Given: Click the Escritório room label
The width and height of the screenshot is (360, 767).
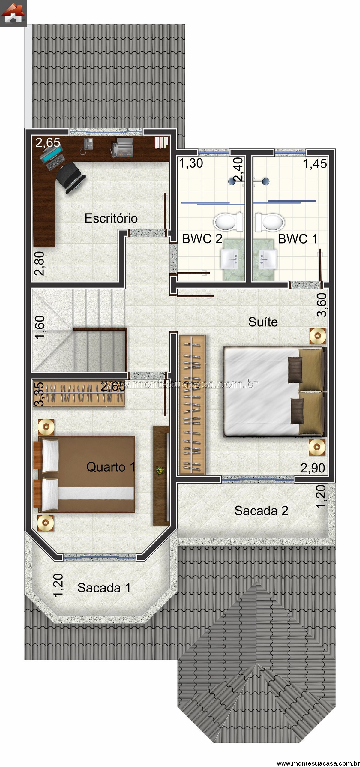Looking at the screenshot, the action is pos(111,218).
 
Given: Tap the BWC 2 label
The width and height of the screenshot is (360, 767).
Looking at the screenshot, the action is pos(202,239).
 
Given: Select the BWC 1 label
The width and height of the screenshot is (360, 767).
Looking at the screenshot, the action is pos(298,239).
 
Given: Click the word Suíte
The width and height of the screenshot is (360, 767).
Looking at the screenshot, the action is pos(263,322).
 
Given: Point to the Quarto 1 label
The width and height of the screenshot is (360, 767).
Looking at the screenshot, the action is pos(110,467).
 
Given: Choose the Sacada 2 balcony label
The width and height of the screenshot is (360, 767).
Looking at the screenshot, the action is pos(261,511).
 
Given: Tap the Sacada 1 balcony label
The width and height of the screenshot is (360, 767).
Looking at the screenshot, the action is pos(104,588).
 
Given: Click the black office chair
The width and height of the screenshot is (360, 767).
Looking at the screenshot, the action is pos(71,178).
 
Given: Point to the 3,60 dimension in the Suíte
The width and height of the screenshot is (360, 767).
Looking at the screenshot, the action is pos(322,305).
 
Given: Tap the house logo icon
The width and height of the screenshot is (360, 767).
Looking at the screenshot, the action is pos(13,13).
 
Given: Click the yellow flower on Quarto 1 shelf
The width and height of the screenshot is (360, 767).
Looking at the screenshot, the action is pos(160,470).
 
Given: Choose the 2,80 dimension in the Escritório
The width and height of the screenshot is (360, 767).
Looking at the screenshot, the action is pos(40,263).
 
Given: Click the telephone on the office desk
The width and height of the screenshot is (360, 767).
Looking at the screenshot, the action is pos(88,144).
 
